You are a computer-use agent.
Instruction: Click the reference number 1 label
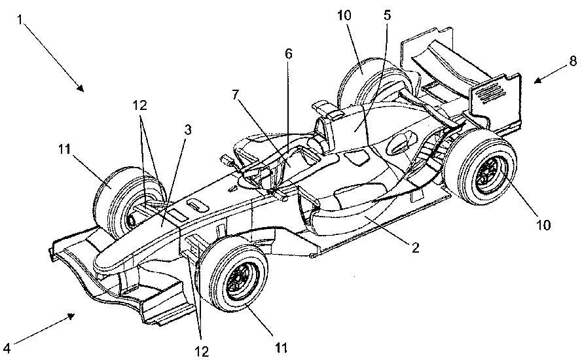coord(20,20)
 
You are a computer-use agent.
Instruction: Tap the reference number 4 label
coord(7,348)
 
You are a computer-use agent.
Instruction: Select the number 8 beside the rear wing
coord(573,62)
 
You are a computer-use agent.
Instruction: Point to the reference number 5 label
coord(388,15)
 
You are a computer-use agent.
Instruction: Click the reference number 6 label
coord(289,54)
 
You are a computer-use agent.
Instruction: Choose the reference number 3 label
coord(188,130)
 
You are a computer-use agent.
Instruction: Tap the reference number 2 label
coord(415,247)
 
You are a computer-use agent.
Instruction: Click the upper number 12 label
coord(140,106)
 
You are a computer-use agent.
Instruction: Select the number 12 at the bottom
coord(202,351)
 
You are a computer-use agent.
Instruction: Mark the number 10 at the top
coord(345,16)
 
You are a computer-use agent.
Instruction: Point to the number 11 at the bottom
coord(281,348)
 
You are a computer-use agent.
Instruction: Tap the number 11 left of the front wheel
coord(65,149)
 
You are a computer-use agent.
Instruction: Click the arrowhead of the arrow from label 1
coord(80,88)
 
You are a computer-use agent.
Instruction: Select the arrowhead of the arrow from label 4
coord(70,316)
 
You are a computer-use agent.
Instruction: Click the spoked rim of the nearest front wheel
coord(242,280)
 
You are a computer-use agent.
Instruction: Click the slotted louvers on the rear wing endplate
coord(491,91)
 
